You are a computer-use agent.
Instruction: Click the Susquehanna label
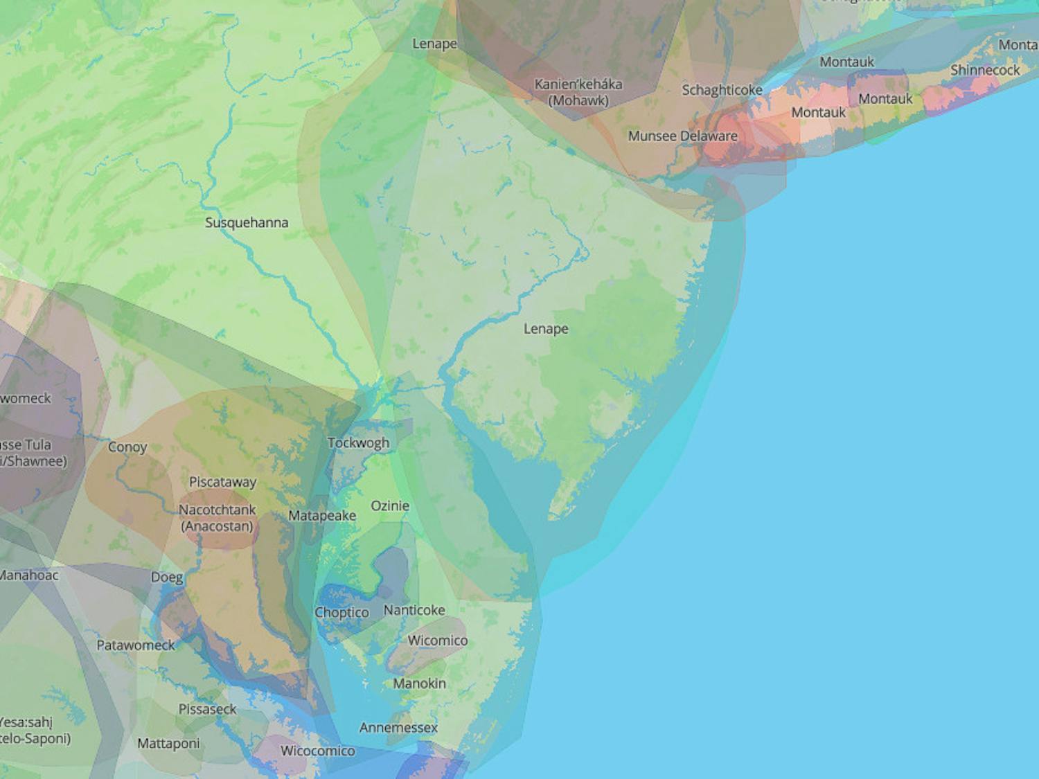point(247,223)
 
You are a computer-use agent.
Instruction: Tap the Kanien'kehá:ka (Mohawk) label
point(578,92)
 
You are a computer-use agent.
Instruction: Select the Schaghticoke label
point(722,90)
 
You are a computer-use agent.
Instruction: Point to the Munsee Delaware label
point(682,136)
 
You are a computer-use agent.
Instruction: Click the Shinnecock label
point(984,70)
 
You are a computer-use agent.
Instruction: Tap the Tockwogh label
point(358,443)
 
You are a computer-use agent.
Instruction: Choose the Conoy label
point(127,447)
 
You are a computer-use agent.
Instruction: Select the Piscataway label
point(222,482)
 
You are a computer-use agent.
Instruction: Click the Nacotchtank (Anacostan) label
point(217,518)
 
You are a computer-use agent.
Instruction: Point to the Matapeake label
point(322,516)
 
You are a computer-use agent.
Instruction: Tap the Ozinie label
point(390,506)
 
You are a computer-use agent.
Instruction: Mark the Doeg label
point(167,577)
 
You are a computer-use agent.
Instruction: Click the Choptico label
point(341,613)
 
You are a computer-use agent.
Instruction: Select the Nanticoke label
point(414,610)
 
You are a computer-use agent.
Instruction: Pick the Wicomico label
point(437,641)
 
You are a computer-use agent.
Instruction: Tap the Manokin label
point(419,683)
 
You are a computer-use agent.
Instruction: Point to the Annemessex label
point(398,728)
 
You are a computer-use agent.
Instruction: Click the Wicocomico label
point(317,751)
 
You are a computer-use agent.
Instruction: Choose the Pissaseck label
point(207,709)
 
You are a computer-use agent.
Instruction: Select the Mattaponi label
point(168,744)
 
